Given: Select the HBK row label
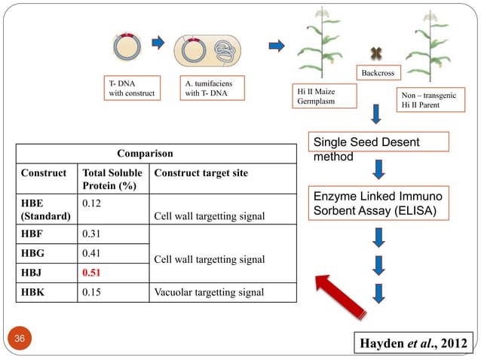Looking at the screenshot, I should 33,292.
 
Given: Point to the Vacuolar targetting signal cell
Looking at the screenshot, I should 209,292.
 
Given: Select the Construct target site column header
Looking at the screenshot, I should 200,173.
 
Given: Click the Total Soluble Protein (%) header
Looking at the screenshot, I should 112,179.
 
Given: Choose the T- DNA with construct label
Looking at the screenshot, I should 132,88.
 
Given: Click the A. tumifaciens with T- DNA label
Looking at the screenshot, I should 207,88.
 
